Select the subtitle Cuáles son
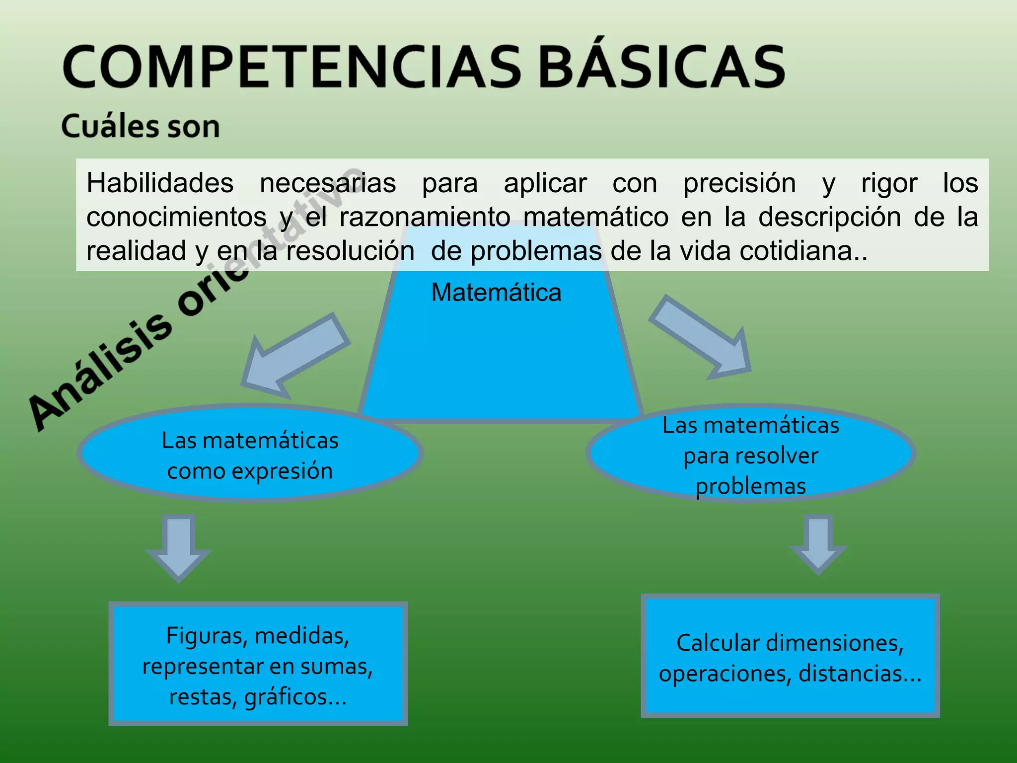pyautogui.click(x=141, y=126)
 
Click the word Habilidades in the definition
pyautogui.click(x=160, y=183)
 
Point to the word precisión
pyautogui.click(x=739, y=183)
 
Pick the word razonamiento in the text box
pyautogui.click(x=425, y=217)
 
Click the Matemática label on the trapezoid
pyautogui.click(x=496, y=292)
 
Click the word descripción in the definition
pyautogui.click(x=829, y=217)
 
